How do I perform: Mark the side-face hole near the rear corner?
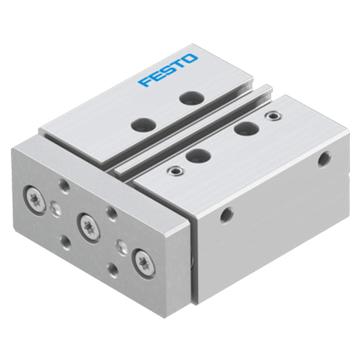[x=322, y=158]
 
